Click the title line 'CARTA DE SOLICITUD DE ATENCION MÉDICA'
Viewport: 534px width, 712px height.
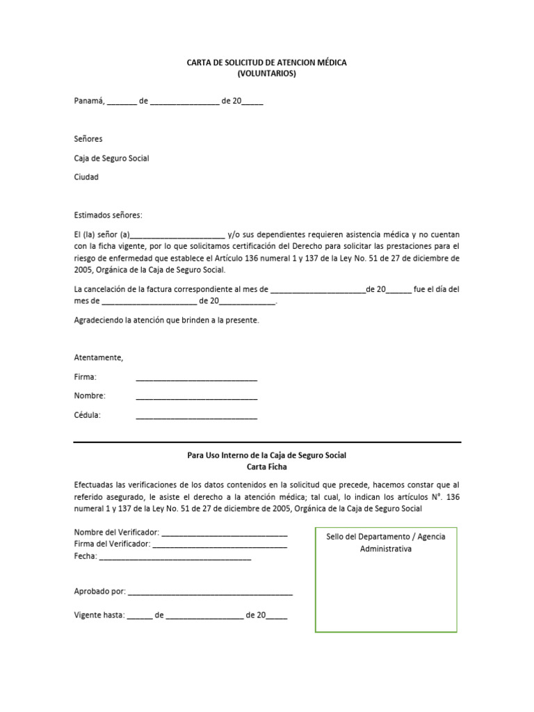pyautogui.click(x=266, y=63)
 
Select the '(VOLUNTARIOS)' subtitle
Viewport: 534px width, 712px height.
pyautogui.click(x=266, y=74)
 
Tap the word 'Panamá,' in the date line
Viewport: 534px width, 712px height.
pyautogui.click(x=89, y=101)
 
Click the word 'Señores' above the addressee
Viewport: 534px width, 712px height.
pyautogui.click(x=88, y=139)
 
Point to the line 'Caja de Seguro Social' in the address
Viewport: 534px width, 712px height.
pyautogui.click(x=111, y=158)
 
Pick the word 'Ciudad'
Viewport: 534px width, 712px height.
pyautogui.click(x=86, y=177)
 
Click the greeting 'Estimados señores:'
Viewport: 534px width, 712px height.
pyautogui.click(x=108, y=215)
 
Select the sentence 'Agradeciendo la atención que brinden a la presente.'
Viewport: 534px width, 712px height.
pyautogui.click(x=166, y=320)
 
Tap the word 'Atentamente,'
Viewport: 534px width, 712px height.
pyautogui.click(x=98, y=357)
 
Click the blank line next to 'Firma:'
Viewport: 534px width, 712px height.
pyautogui.click(x=196, y=379)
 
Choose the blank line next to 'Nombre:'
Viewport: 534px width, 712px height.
pyautogui.click(x=196, y=398)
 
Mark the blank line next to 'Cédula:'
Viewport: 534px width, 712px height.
pyautogui.click(x=196, y=417)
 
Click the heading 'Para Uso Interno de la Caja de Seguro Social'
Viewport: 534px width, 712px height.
pyautogui.click(x=266, y=455)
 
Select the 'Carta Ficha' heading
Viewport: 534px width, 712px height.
pyautogui.click(x=266, y=467)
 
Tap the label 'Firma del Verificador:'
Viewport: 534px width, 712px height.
pyautogui.click(x=112, y=544)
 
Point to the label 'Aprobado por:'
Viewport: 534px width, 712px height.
pyautogui.click(x=99, y=592)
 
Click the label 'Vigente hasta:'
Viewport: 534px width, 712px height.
pyautogui.click(x=99, y=615)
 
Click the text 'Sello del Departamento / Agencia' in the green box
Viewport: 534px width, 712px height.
pyautogui.click(x=386, y=537)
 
